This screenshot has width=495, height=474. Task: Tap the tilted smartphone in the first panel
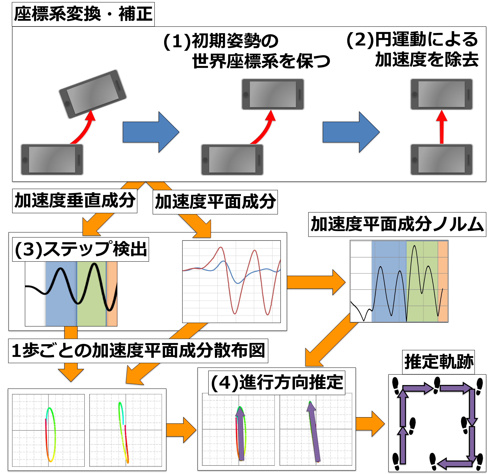click(x=93, y=94)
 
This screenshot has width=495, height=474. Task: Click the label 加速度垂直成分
click(x=75, y=201)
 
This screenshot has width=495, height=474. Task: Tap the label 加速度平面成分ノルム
click(x=397, y=224)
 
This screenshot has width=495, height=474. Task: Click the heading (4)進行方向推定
click(x=277, y=383)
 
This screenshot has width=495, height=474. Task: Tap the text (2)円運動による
click(x=412, y=40)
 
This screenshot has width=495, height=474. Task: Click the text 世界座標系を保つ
click(x=261, y=61)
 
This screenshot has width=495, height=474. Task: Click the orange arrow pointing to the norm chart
click(x=316, y=282)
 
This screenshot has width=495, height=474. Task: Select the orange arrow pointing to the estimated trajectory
click(x=370, y=424)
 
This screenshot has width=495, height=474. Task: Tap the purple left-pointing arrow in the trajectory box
click(x=455, y=463)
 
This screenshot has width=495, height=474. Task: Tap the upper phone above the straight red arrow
click(x=441, y=94)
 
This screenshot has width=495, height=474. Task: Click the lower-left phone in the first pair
click(x=52, y=160)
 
